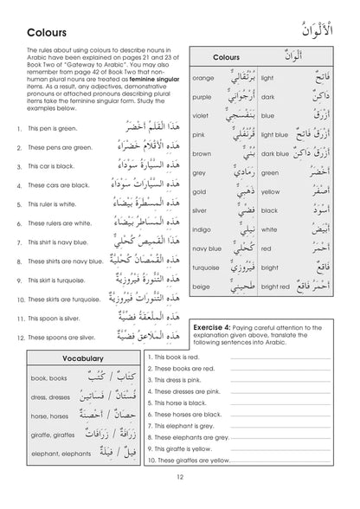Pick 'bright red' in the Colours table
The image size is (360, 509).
[279, 318]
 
